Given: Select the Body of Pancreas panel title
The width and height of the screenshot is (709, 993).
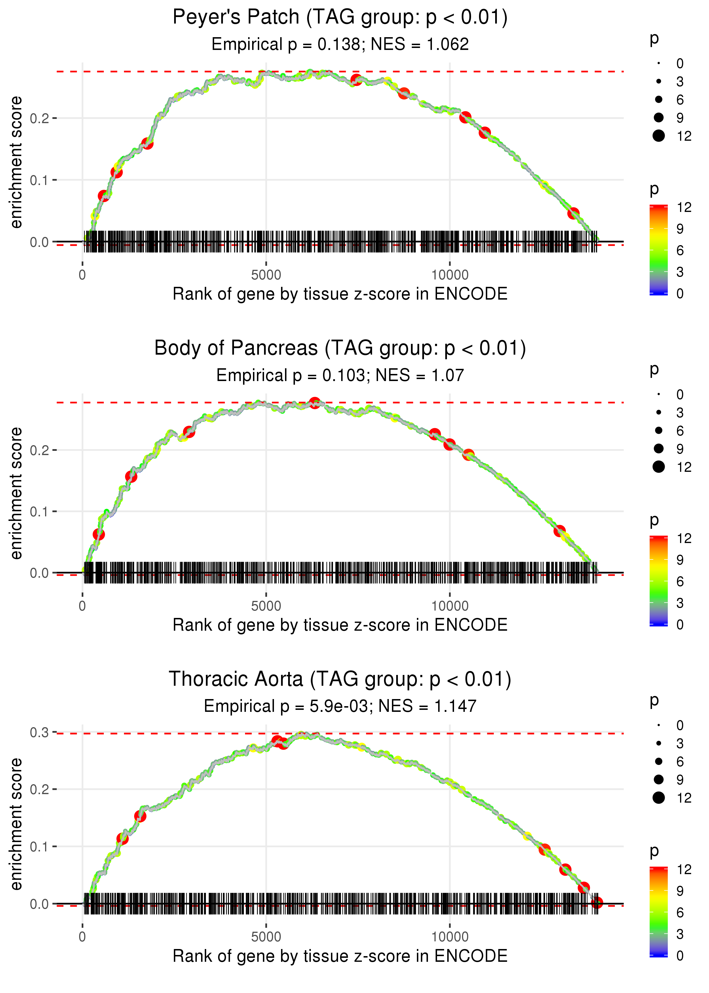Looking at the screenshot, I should coord(340,348).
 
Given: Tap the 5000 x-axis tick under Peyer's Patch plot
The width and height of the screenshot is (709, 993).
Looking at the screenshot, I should coord(266,275).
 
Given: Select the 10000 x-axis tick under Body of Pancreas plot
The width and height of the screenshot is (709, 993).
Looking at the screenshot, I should coord(450,606).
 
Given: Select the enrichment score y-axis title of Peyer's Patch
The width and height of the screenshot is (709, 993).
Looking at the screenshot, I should coord(16,163).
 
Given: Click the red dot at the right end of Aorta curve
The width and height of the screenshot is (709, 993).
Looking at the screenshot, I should coord(597,902).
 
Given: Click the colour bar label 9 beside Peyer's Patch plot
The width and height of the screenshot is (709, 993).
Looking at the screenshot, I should coord(680,229).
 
